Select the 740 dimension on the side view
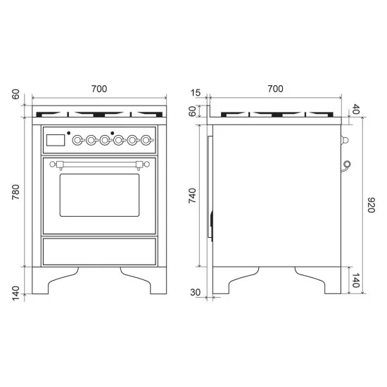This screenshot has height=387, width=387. [192, 195]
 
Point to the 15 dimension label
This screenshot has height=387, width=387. [196, 93]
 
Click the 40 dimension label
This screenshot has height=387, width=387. [355, 109]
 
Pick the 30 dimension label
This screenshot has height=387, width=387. [196, 292]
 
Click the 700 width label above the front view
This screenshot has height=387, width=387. [99, 89]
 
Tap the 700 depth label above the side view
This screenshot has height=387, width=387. [275, 89]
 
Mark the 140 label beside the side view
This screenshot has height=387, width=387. [355, 282]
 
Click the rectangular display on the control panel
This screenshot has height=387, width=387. [55, 141]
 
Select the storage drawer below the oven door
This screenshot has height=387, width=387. [99, 250]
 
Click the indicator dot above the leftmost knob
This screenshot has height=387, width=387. [69, 132]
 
